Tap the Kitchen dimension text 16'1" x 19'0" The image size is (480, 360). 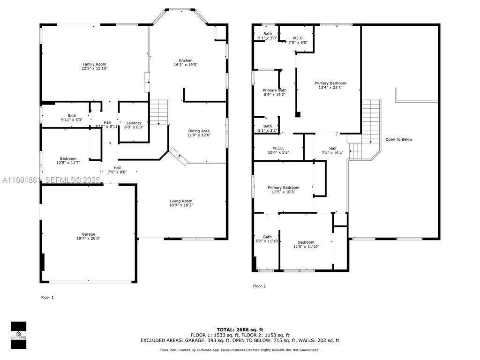(186, 65)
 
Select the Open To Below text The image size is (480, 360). (398, 139)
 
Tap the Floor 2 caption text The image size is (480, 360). (259, 286)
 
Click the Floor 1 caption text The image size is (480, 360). (47, 297)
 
